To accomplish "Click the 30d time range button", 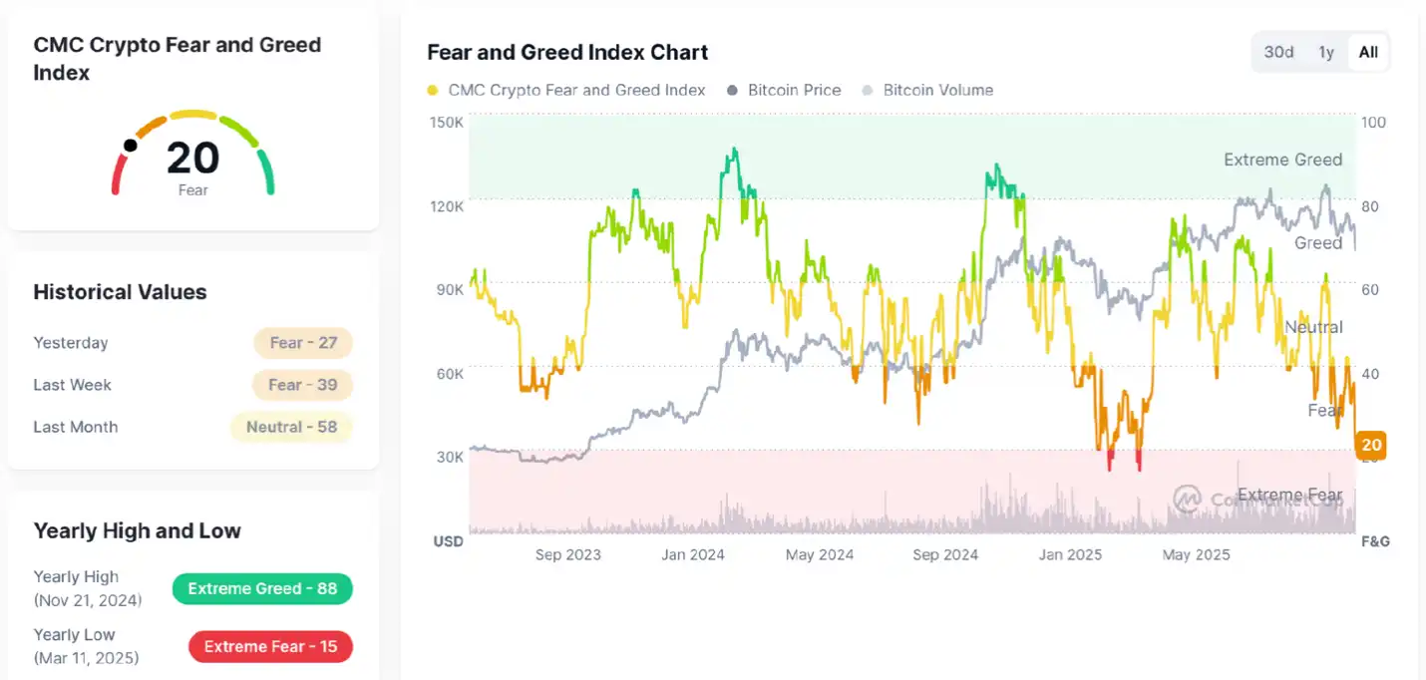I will (x=1278, y=52).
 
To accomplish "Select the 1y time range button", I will (x=1325, y=52).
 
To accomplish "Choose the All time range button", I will (x=1368, y=52).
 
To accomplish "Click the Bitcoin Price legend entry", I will (x=784, y=90).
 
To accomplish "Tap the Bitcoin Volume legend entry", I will (x=927, y=90).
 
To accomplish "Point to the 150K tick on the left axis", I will (x=447, y=123).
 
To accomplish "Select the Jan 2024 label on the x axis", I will (x=693, y=554).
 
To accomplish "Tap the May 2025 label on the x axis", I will (x=1196, y=554).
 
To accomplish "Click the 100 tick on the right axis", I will (x=1373, y=123).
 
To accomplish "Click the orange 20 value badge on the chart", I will (x=1371, y=445).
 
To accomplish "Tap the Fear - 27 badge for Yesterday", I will (x=303, y=343).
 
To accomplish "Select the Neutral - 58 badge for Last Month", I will (x=291, y=427).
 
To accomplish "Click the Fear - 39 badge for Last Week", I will (x=303, y=385).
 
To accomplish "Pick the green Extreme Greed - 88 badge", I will (x=262, y=588).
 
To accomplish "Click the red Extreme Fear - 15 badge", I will (x=270, y=646).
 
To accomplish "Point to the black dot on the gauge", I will (x=130, y=146).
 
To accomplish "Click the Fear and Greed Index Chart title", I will (x=567, y=52).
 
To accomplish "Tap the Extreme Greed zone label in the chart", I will (x=1282, y=160).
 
